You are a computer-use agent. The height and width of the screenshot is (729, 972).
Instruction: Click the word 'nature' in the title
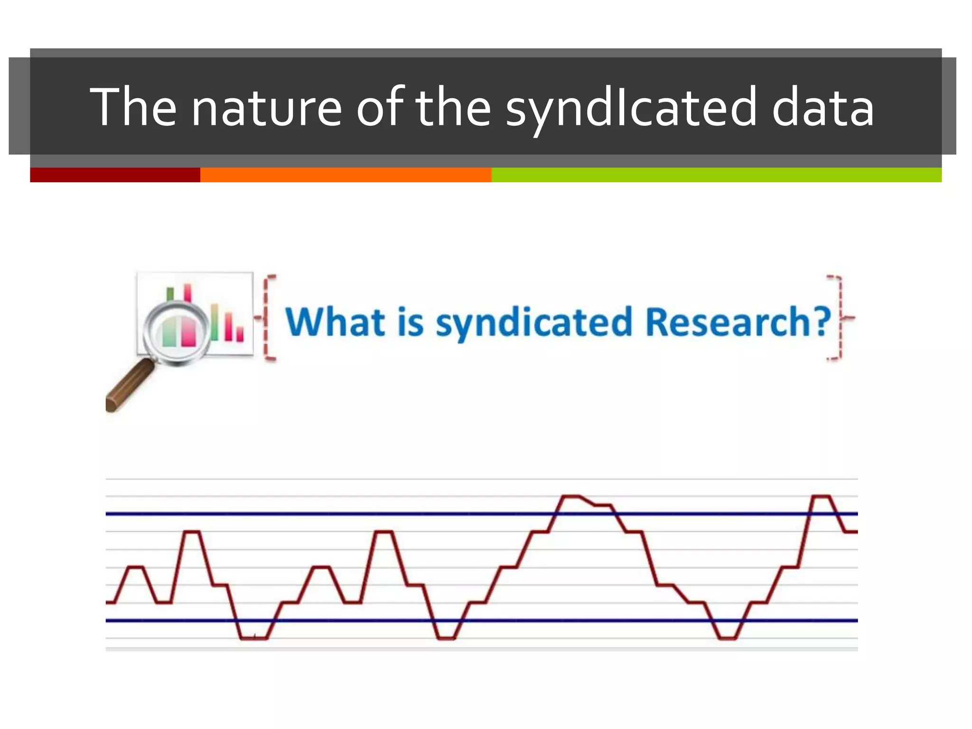click(266, 108)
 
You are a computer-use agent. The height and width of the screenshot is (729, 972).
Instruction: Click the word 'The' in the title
click(133, 108)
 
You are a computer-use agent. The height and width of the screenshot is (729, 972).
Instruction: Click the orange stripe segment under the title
click(346, 175)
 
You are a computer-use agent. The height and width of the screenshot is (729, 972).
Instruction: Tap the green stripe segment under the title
click(716, 175)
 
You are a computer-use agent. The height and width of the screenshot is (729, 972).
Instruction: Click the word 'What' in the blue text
click(335, 322)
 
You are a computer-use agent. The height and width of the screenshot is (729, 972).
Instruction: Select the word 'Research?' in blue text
click(738, 322)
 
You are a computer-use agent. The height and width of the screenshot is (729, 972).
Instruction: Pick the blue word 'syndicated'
click(534, 323)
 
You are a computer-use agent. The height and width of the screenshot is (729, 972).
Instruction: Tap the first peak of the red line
click(136, 567)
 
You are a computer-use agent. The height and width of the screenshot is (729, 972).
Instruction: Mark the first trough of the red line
click(164, 603)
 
